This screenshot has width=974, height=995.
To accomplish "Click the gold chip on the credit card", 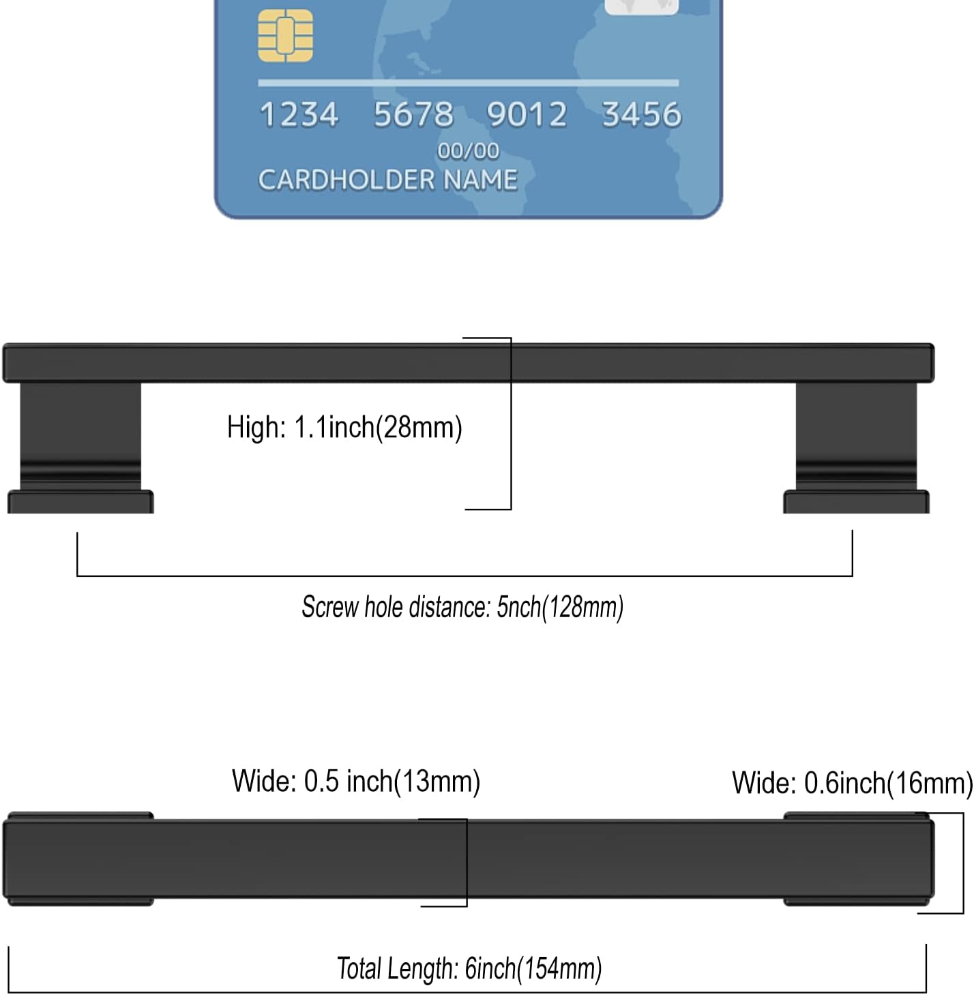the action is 285,35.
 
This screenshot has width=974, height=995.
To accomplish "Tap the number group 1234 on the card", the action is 299,114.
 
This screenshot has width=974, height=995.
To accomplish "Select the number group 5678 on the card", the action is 413,114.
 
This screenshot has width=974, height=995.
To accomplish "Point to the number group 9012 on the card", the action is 527,114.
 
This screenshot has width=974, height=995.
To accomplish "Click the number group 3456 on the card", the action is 642,114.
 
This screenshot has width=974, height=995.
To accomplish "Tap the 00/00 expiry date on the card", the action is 469,151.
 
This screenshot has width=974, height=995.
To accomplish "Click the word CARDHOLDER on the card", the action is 346,179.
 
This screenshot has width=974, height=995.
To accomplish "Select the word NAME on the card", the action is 480,179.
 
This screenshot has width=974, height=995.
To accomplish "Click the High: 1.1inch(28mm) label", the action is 344,428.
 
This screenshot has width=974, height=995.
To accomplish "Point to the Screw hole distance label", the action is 462,607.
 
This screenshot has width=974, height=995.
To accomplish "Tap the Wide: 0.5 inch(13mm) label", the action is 356,782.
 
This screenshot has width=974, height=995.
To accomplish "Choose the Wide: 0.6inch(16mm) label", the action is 852,783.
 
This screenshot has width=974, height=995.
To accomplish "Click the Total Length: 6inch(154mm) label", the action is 469,968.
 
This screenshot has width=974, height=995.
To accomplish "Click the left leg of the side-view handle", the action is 80,436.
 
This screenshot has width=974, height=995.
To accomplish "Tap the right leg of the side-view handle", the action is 856,436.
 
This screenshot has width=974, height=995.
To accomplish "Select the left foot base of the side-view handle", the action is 80,502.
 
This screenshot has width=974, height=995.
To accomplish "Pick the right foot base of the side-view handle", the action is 856,502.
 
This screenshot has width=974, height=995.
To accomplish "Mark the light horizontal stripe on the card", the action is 469,83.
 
